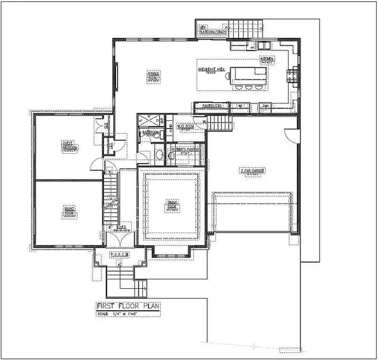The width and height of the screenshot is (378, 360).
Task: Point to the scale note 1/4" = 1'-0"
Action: [x=125, y=313]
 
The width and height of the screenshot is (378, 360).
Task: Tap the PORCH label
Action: [x=119, y=254]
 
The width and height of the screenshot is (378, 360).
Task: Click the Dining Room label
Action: [x=170, y=205]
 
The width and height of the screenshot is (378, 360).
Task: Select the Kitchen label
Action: [x=266, y=61]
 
